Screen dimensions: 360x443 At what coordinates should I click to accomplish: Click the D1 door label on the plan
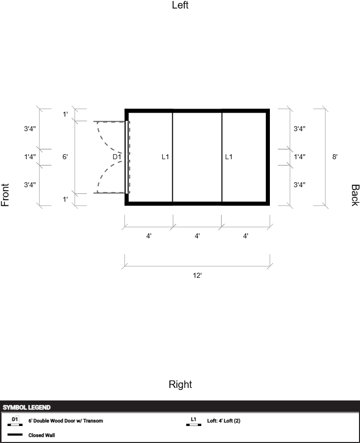click(x=117, y=157)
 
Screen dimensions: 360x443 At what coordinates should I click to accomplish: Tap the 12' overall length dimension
click(x=197, y=275)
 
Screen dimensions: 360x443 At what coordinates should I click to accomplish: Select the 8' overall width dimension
click(x=335, y=157)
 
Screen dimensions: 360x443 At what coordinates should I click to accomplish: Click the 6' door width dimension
click(x=65, y=157)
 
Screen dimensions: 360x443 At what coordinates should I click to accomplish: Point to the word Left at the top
click(x=180, y=5)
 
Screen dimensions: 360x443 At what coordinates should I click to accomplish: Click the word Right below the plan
click(x=180, y=384)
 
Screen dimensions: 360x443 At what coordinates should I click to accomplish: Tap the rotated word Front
click(x=5, y=195)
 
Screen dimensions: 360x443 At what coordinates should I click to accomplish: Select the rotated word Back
click(x=355, y=195)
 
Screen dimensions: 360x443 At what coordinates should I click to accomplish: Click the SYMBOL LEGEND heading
click(x=27, y=407)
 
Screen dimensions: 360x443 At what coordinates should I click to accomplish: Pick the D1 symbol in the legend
click(x=15, y=421)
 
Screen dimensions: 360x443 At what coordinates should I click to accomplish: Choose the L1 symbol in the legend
click(x=194, y=421)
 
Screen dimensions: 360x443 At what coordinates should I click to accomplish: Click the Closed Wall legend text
click(x=42, y=435)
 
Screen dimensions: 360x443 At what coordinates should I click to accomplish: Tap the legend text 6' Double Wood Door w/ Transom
click(x=66, y=420)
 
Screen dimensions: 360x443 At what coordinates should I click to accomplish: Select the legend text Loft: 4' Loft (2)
click(x=223, y=420)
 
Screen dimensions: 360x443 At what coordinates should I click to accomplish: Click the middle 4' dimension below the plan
click(x=197, y=236)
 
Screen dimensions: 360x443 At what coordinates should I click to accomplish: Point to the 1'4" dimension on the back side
click(x=299, y=157)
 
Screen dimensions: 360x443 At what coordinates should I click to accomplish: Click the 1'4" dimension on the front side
click(x=30, y=157)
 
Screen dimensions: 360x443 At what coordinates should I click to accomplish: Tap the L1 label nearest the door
click(x=165, y=157)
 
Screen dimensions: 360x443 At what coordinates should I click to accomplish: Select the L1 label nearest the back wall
click(x=229, y=157)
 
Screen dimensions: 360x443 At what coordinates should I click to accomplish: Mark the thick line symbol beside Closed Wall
click(x=15, y=434)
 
